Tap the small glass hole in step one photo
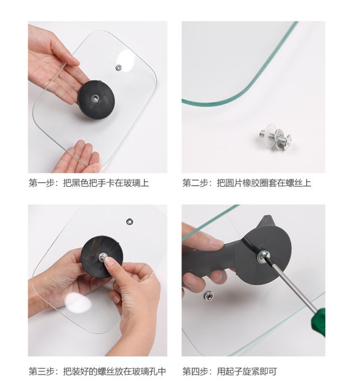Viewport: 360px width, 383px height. point(119,68)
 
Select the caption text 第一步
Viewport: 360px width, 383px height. point(40,183)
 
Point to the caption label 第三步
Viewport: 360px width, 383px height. point(40,371)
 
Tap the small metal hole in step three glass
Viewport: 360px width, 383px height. point(130,221)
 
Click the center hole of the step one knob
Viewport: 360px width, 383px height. point(95,98)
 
